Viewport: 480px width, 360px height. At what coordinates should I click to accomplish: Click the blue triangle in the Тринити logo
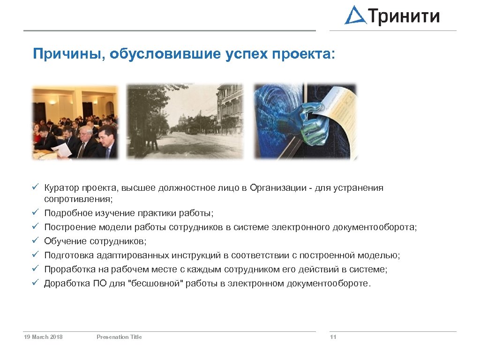(356, 16)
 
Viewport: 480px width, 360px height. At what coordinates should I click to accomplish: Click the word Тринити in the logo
(405, 16)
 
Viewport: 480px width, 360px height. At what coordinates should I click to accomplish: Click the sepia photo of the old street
(185, 121)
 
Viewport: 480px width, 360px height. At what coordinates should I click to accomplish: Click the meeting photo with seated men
(75, 122)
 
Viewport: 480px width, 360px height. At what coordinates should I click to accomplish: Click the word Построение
(70, 227)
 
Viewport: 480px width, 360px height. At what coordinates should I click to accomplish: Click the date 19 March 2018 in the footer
(43, 337)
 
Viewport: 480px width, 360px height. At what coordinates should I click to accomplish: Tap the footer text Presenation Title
(119, 337)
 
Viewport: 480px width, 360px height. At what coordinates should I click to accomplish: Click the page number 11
(333, 337)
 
